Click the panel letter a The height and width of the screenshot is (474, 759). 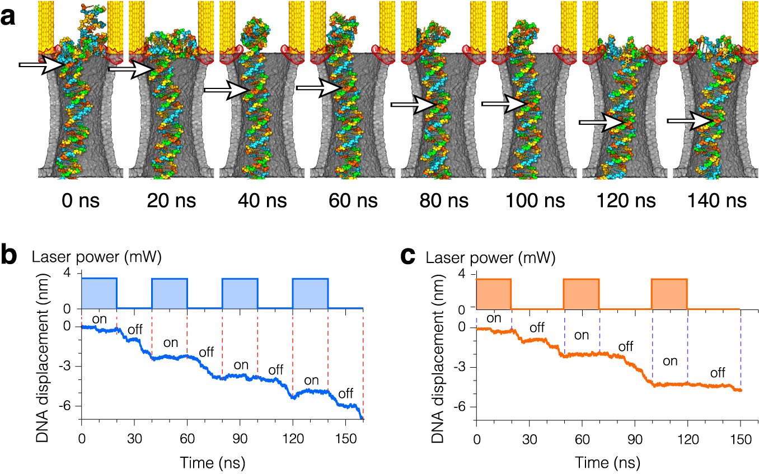(x=10, y=16)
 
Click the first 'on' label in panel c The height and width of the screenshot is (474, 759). (x=493, y=318)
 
